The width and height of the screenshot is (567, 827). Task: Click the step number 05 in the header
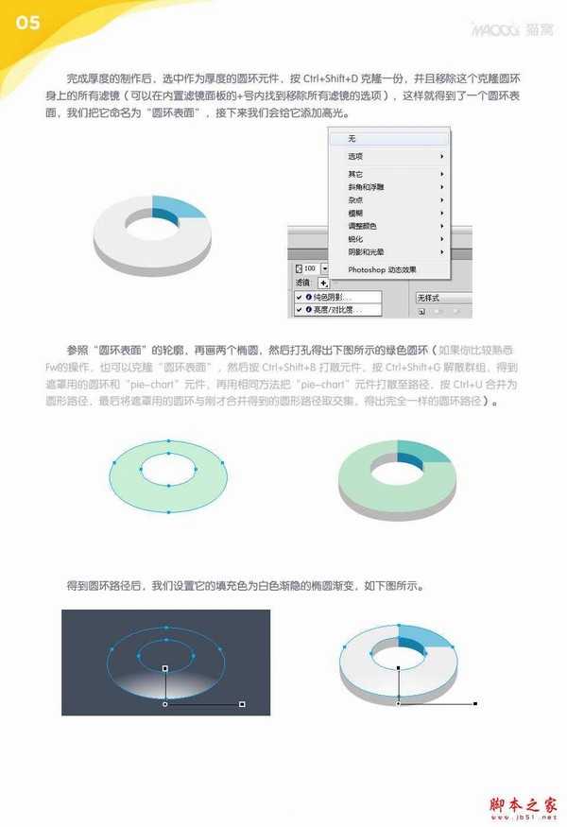(28, 24)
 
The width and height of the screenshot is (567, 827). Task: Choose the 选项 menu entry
(356, 156)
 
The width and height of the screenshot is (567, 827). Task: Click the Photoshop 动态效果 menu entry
(382, 269)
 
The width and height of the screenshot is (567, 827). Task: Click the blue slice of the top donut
(179, 209)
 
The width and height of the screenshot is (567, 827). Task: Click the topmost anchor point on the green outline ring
(168, 440)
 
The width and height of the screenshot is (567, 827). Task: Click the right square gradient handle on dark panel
(243, 704)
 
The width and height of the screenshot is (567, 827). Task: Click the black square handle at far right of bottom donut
(475, 703)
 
